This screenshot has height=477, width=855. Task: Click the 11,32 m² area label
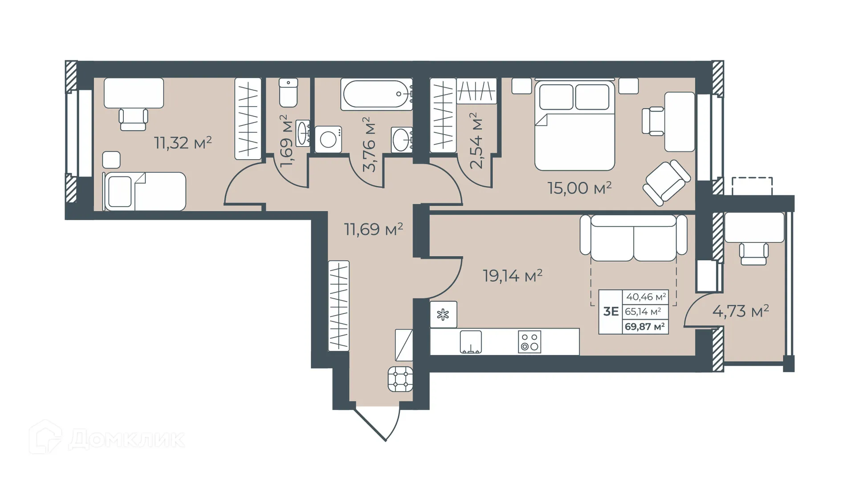click(183, 143)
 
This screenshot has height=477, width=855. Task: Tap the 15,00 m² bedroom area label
click(579, 188)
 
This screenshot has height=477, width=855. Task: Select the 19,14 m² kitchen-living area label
click(513, 276)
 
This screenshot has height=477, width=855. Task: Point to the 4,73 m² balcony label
click(741, 311)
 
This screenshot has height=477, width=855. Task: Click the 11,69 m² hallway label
click(374, 229)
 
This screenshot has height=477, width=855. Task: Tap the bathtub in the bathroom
click(376, 94)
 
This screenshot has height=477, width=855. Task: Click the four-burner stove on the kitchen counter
click(529, 342)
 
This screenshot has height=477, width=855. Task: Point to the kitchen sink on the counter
click(471, 342)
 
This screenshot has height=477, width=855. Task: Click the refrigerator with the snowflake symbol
click(443, 315)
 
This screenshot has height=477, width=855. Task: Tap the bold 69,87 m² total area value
click(644, 327)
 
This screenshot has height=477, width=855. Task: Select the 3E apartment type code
click(611, 311)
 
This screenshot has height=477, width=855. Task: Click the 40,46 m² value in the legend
click(646, 296)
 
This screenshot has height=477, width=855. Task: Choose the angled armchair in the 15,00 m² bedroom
click(667, 183)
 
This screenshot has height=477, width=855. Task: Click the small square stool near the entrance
click(400, 379)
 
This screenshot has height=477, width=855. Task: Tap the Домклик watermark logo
click(107, 438)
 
